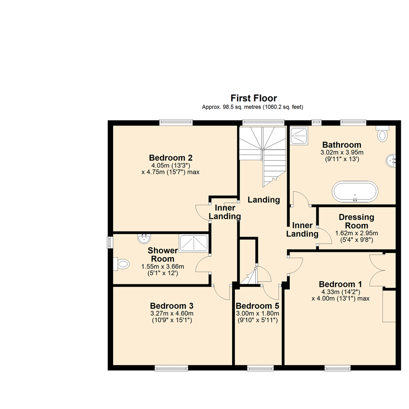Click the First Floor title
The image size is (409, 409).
point(254,98)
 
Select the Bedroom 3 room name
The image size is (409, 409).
point(172,305)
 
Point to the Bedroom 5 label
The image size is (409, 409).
point(258,306)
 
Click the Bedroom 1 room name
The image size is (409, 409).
point(340,284)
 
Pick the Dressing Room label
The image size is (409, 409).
point(356,222)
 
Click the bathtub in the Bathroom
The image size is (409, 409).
point(355,192)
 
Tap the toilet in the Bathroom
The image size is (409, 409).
point(383,134)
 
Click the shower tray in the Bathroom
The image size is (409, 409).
point(300,136)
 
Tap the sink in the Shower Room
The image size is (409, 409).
point(144,239)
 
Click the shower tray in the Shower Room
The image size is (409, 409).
point(194,244)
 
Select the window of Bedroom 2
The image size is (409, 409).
point(176,122)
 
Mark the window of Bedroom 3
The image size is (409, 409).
point(171,368)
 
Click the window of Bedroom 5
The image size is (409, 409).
point(260,368)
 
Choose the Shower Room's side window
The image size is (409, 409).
point(110,242)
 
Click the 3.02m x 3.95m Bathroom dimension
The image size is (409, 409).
point(341,153)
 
